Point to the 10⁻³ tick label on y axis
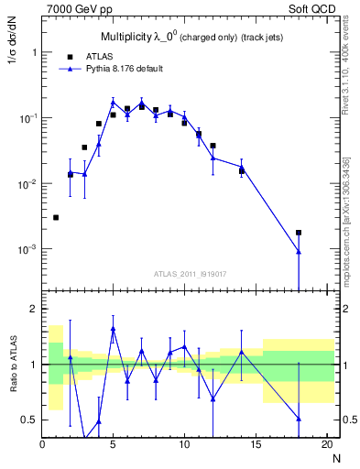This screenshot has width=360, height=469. [x=26, y=250]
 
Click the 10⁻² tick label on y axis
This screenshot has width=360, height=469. [x=26, y=184]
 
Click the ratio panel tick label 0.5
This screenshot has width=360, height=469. [x=28, y=420]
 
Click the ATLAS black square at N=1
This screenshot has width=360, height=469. [x=56, y=217]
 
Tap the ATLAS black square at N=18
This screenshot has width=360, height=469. [x=299, y=233]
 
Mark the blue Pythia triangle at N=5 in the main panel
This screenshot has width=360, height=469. [x=113, y=103]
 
